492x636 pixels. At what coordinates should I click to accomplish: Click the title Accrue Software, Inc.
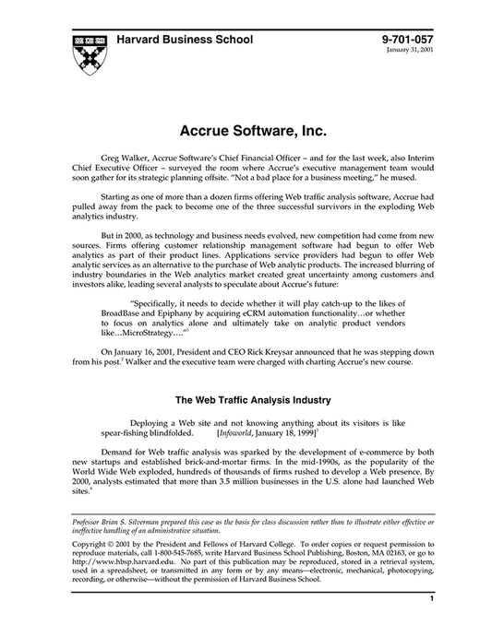[246, 117]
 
